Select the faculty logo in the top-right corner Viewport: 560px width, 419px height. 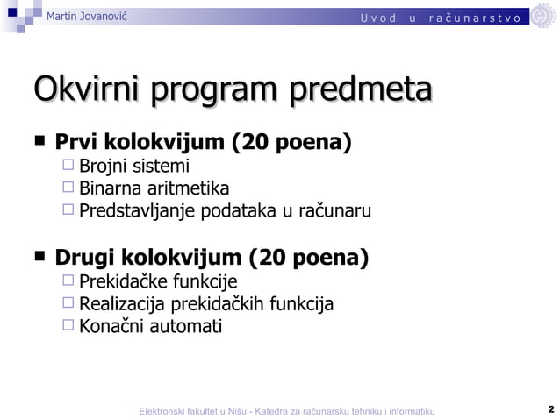543,16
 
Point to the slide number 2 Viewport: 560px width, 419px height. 550,409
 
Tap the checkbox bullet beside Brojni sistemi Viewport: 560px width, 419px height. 68,165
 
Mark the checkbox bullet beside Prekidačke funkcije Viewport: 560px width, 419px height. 68,281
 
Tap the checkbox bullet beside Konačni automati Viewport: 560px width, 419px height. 68,326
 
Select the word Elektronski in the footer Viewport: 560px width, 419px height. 166,411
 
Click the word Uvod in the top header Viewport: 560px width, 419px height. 378,18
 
